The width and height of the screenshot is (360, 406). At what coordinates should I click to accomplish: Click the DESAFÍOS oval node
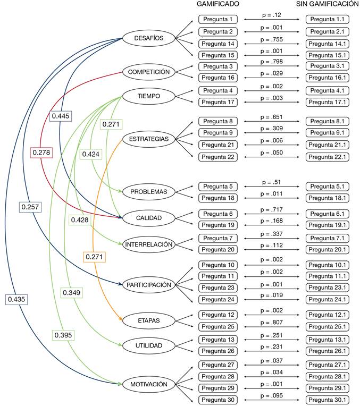(x=149, y=38)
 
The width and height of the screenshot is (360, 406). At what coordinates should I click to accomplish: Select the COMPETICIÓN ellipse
(x=149, y=72)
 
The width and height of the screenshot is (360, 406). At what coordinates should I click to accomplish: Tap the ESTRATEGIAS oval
(x=149, y=139)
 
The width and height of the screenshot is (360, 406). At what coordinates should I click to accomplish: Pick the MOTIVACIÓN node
(x=149, y=384)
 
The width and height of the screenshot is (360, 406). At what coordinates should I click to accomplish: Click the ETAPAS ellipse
(x=149, y=320)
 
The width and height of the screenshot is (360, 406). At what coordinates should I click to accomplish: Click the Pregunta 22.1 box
(x=328, y=157)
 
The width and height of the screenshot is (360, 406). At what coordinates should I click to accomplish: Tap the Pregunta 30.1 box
(x=328, y=400)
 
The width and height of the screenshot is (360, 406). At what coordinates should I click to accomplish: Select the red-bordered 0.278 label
(x=40, y=153)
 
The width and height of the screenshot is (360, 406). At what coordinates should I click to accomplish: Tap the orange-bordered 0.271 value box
(x=94, y=257)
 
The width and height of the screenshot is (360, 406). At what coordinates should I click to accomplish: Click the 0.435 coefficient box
(x=16, y=300)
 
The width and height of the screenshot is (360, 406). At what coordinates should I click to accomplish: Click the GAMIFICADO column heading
(x=217, y=4)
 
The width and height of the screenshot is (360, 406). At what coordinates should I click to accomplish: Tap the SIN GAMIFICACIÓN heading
(x=327, y=4)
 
